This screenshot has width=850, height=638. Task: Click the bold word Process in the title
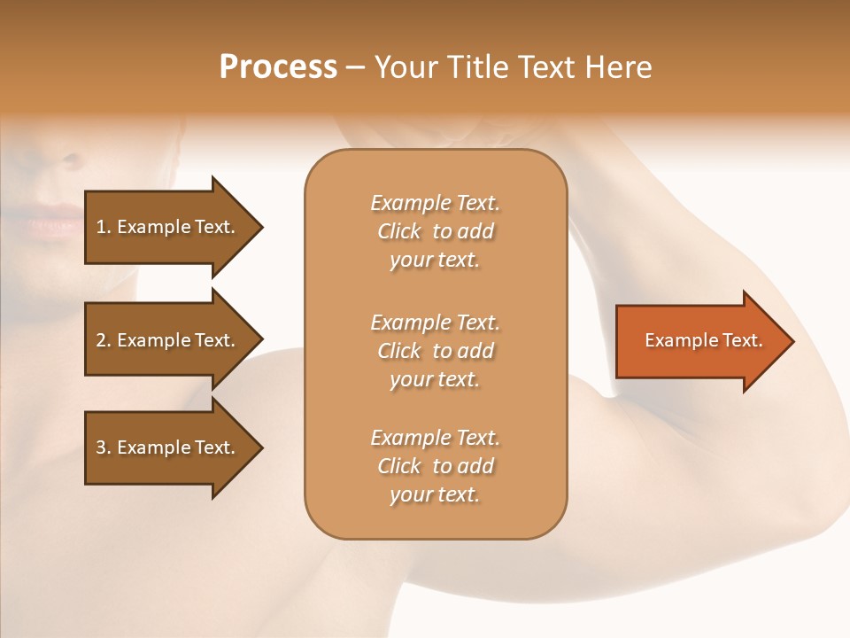(x=278, y=67)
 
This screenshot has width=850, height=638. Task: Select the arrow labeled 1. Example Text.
(x=168, y=227)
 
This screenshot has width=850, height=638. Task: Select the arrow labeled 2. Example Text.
(x=168, y=340)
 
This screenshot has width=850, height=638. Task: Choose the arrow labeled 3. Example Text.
(x=168, y=447)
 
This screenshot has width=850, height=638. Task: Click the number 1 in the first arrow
(x=101, y=227)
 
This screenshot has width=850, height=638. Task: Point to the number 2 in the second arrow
(x=101, y=340)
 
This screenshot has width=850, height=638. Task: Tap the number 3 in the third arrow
(x=101, y=447)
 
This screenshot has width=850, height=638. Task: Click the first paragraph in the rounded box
(x=435, y=231)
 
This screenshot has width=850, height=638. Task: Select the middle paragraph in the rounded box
(x=435, y=350)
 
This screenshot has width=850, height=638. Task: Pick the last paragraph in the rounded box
(x=435, y=466)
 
